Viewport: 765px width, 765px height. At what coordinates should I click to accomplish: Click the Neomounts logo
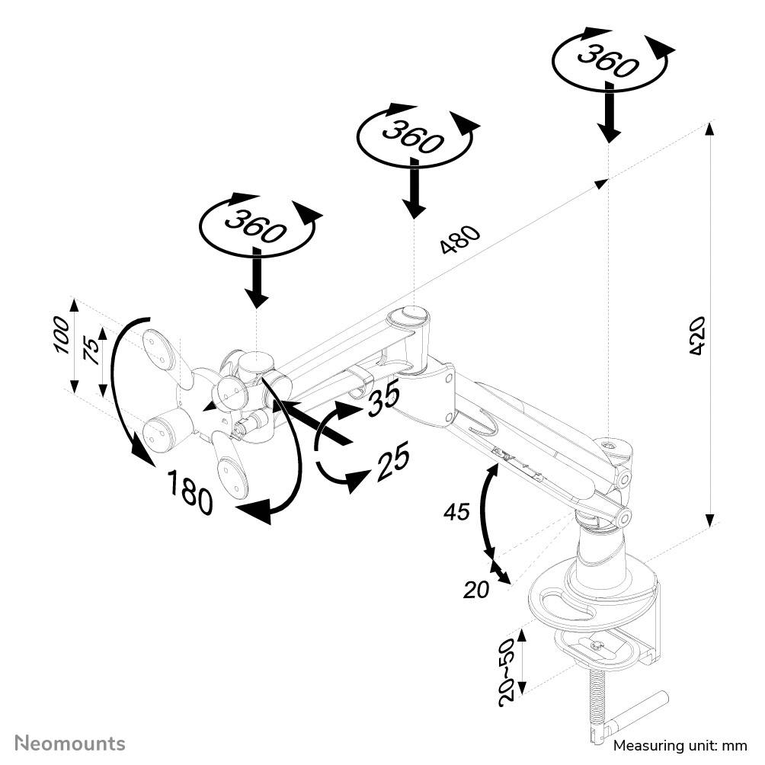pos(71,743)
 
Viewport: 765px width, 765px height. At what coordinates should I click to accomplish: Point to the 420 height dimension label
pos(696,335)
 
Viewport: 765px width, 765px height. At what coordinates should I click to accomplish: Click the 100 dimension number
pos(62,334)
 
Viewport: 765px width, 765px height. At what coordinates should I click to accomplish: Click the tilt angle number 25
pos(392,461)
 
